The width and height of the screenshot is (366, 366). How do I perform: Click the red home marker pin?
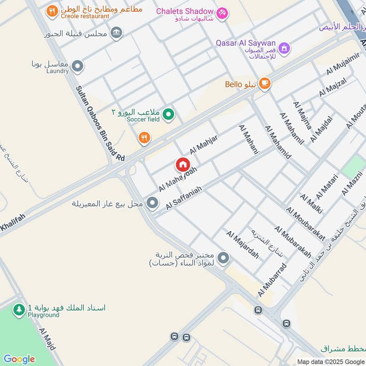[x=183, y=165]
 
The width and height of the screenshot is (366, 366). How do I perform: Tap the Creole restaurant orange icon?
[x=52, y=11]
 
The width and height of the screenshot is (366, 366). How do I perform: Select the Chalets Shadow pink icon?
[x=222, y=13]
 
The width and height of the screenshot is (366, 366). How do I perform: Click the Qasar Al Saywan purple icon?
[x=284, y=48]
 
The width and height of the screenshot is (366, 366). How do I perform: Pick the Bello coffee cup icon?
[x=264, y=83]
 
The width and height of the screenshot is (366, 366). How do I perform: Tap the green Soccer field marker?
[x=169, y=114]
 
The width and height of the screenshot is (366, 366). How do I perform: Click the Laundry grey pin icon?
[x=78, y=67]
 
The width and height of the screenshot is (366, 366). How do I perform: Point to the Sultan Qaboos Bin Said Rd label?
[x=100, y=124]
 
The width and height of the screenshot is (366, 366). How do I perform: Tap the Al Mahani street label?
[x=248, y=139]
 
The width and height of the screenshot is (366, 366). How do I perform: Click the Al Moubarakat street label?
[x=305, y=224]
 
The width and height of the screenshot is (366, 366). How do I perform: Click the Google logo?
[x=19, y=359]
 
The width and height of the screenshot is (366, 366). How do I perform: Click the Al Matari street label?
[x=326, y=186]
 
